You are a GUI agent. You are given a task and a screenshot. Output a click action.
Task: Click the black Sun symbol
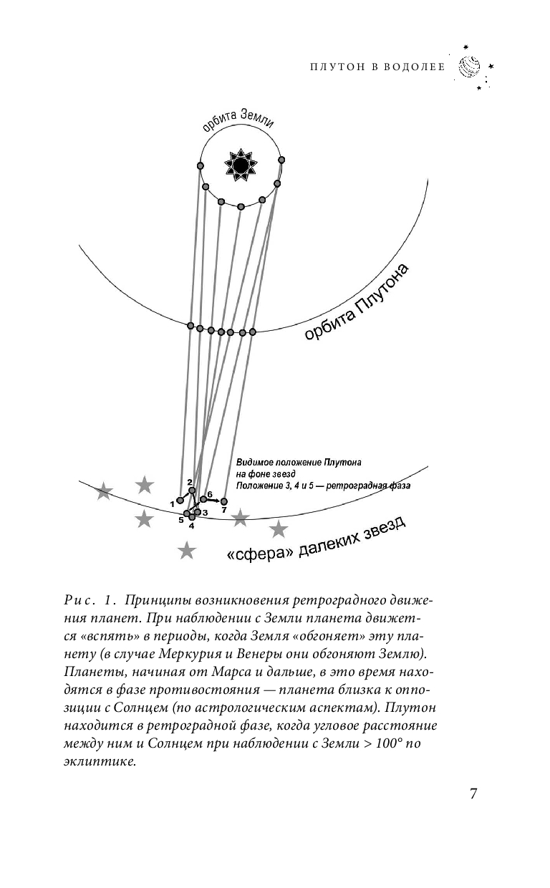[241, 166]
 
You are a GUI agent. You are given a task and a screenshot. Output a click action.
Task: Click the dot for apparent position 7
[223, 501]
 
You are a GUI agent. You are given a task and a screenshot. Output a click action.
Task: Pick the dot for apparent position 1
[180, 501]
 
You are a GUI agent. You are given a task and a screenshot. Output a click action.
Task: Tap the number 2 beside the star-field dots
[190, 482]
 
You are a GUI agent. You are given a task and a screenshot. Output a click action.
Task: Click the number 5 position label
[181, 520]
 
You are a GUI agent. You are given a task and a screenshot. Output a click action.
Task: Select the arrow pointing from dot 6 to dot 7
[213, 500]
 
